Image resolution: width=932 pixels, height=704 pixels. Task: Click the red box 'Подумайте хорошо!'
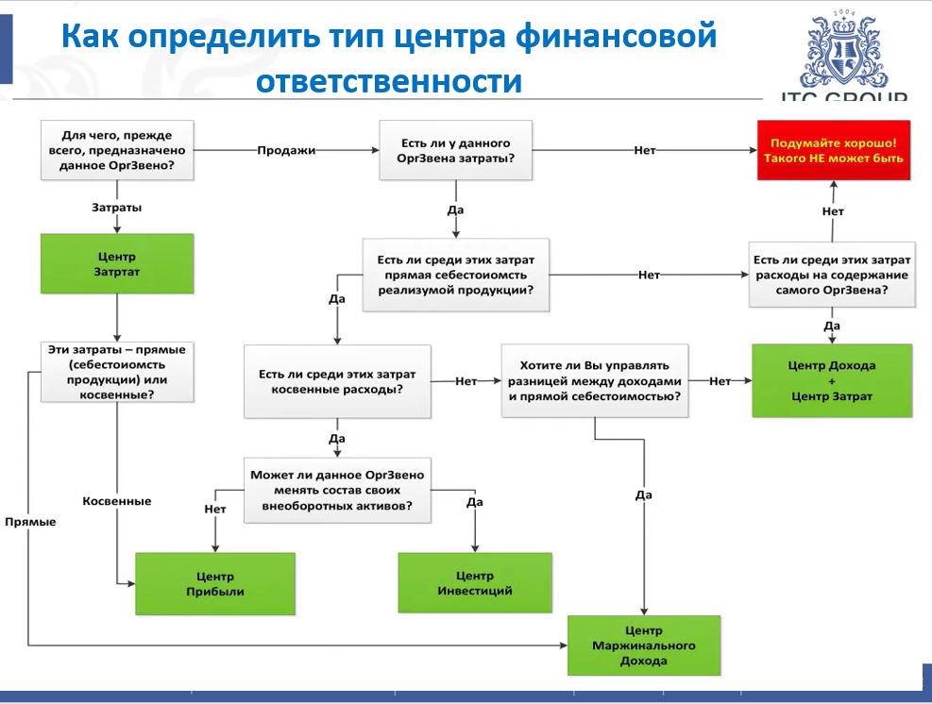tap(832, 151)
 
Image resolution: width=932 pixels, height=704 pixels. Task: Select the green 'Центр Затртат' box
tap(116, 264)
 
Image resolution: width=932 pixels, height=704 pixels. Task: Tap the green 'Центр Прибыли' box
tap(215, 584)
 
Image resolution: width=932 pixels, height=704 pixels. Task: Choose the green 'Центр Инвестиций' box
tap(474, 583)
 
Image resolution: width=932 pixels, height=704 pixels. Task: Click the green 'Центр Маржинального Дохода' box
tap(643, 645)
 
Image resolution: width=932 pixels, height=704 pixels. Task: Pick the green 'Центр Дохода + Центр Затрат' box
tap(831, 380)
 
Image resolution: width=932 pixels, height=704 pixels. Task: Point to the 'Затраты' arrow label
tap(117, 206)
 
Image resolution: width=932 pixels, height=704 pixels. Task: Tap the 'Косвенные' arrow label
tap(116, 501)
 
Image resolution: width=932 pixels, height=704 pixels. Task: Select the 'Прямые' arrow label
tap(29, 522)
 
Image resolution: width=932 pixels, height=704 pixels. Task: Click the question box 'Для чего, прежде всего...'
tap(116, 151)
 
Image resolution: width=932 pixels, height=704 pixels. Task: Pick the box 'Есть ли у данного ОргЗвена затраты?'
tap(455, 151)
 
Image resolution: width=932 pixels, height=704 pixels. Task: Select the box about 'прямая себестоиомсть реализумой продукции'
tap(455, 275)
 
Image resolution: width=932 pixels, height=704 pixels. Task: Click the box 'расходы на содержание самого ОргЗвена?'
tap(831, 275)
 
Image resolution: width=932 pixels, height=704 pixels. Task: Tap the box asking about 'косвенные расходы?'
tap(337, 381)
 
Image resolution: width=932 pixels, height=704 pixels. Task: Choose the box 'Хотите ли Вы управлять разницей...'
tap(595, 381)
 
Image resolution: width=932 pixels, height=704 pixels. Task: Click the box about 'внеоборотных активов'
tap(337, 491)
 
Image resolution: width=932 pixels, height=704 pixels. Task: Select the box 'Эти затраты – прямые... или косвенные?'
tap(116, 372)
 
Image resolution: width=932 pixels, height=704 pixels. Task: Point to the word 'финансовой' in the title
tap(618, 38)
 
